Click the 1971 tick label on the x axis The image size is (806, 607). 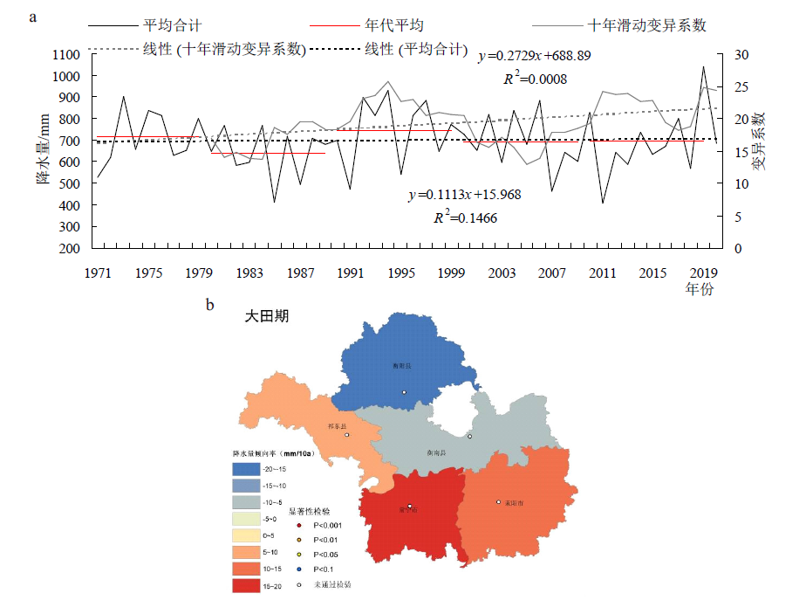(x=98, y=273)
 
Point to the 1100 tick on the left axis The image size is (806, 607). (x=66, y=54)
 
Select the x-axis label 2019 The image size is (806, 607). (x=703, y=273)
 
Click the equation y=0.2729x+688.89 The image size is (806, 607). (x=535, y=56)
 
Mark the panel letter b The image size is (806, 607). (x=209, y=306)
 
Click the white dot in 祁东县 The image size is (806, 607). (x=346, y=435)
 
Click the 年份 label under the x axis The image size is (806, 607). (x=699, y=289)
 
